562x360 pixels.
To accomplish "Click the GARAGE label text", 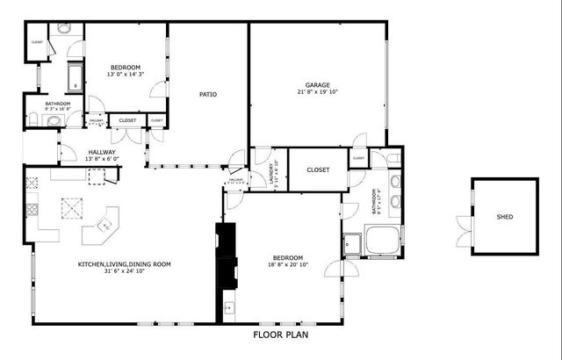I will [317, 84].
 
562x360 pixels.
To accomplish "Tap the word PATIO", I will [207, 94].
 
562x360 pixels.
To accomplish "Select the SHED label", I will [504, 217].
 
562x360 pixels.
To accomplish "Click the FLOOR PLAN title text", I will [281, 335].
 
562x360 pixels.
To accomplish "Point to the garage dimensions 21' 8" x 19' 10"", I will [317, 92].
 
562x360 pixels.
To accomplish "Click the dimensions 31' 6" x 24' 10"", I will [124, 271].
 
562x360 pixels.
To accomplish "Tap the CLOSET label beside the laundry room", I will [318, 169].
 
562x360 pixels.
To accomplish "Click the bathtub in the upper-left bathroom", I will [74, 77].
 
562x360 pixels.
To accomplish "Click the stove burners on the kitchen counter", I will [32, 210].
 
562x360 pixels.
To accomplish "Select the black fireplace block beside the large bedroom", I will [227, 255].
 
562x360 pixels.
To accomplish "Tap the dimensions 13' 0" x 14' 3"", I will [126, 75].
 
